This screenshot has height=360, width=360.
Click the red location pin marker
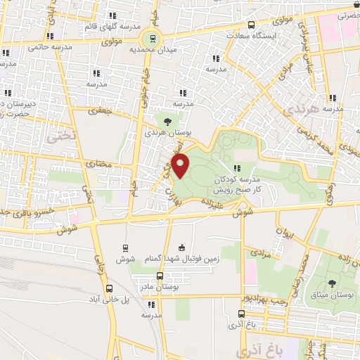coord(181,165)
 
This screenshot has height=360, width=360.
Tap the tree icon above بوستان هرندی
coord(167,121)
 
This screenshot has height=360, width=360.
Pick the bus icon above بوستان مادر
coord(160,276)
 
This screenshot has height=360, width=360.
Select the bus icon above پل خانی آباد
coord(109,288)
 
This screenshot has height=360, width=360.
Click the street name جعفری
coord(103,110)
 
